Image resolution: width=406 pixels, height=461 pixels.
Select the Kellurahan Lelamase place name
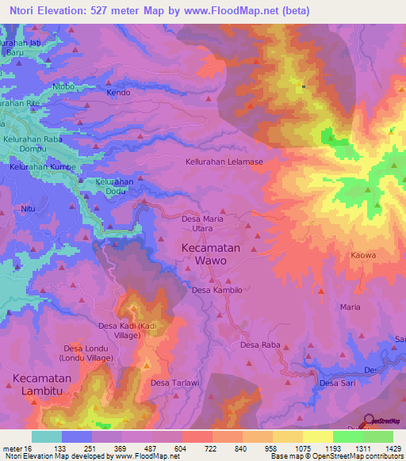[x=224, y=161]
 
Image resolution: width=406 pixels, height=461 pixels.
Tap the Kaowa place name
[x=362, y=256]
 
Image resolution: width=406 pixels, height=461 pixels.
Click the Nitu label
[x=29, y=208]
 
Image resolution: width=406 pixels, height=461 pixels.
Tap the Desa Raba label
[x=260, y=345]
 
